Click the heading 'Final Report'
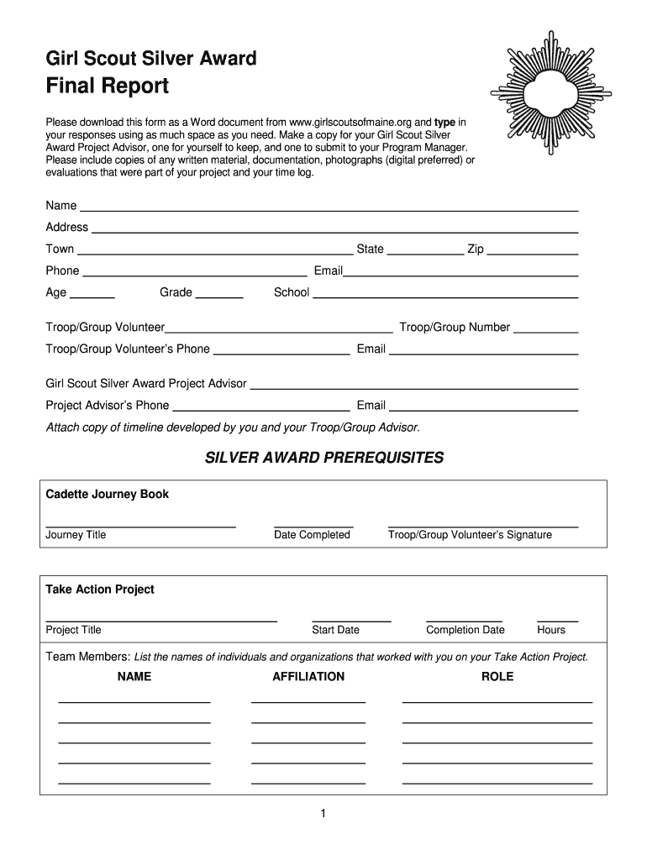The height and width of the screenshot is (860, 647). click(x=107, y=86)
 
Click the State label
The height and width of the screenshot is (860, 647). click(x=370, y=249)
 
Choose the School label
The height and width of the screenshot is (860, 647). click(x=292, y=293)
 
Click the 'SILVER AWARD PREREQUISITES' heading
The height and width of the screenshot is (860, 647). click(x=324, y=458)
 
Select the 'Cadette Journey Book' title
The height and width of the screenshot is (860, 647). click(x=107, y=495)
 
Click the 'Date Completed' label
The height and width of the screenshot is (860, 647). click(x=312, y=535)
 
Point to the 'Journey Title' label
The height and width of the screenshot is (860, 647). click(x=76, y=535)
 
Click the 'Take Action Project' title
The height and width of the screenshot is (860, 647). click(x=100, y=590)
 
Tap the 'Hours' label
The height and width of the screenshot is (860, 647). click(x=551, y=630)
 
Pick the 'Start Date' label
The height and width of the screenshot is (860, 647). click(x=335, y=630)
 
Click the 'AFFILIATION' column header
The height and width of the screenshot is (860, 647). click(x=308, y=676)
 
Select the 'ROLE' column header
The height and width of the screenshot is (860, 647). click(x=497, y=676)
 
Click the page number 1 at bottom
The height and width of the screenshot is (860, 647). click(x=323, y=814)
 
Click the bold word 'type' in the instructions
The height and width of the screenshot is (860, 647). click(x=444, y=123)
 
